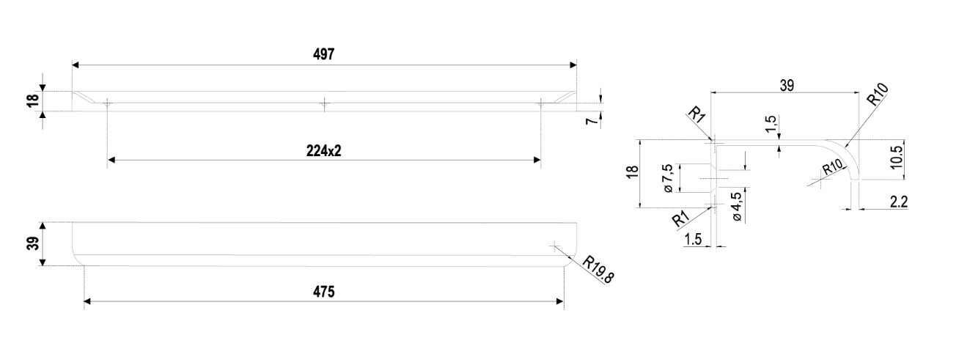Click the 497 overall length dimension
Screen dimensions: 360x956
coord(324,56)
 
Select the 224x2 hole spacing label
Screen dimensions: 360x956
coord(324,150)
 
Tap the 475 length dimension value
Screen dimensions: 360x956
coord(324,292)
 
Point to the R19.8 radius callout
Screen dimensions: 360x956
coord(597,269)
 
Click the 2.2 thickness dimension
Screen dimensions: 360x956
coord(898,202)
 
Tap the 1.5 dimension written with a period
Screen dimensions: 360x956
coord(693,238)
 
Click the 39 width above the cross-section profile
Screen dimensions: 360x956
coord(786,85)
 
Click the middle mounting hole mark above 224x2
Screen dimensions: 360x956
coord(324,105)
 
